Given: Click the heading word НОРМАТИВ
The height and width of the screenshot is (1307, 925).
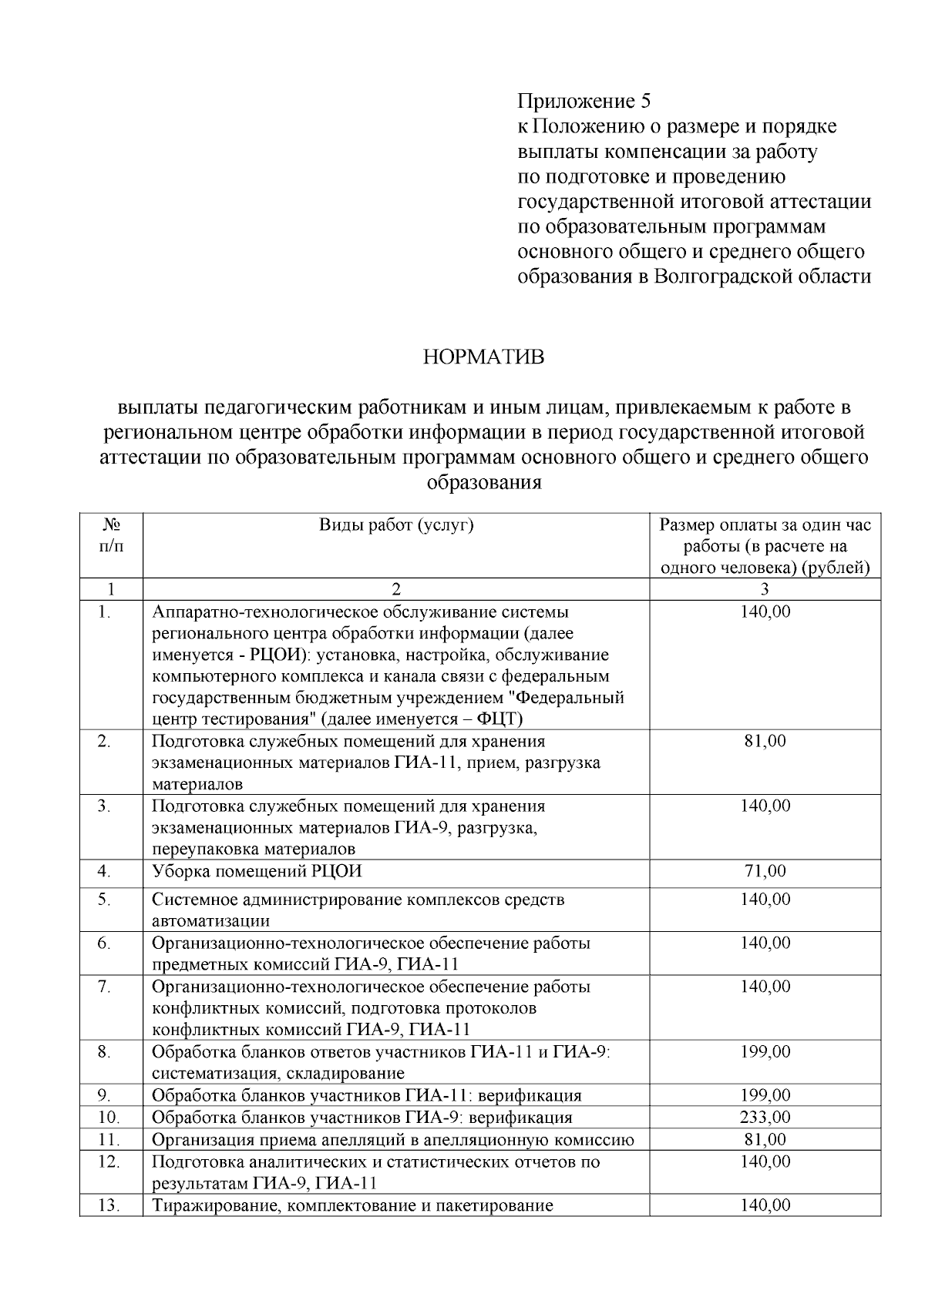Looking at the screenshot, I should pyautogui.click(x=483, y=358).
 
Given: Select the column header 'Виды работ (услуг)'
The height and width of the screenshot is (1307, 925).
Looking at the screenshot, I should pyautogui.click(x=395, y=525).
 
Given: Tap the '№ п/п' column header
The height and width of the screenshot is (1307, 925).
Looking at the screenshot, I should pyautogui.click(x=111, y=535).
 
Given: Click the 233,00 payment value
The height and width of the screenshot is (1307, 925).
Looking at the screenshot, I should pyautogui.click(x=765, y=1117).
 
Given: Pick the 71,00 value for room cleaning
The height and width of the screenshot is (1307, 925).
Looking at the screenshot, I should pyautogui.click(x=765, y=871).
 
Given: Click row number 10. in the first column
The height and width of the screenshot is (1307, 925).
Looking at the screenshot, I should pyautogui.click(x=109, y=1117).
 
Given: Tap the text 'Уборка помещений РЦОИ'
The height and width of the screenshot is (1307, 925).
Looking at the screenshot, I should pyautogui.click(x=257, y=871).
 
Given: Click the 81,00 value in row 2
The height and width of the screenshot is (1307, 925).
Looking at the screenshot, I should pyautogui.click(x=765, y=741).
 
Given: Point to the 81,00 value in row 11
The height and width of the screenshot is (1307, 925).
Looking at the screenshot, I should pyautogui.click(x=765, y=1139).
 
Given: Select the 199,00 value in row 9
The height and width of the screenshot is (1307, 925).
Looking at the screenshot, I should pyautogui.click(x=765, y=1095).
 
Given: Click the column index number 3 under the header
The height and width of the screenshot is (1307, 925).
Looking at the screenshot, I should pyautogui.click(x=765, y=590).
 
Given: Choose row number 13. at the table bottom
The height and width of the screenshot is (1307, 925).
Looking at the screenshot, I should pyautogui.click(x=109, y=1205).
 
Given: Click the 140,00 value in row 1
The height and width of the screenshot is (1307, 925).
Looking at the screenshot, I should pyautogui.click(x=765, y=612).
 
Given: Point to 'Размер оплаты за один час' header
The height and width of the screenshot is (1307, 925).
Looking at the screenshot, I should pyautogui.click(x=765, y=525).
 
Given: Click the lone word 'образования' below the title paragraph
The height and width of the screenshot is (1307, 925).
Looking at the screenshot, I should pyautogui.click(x=483, y=484).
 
